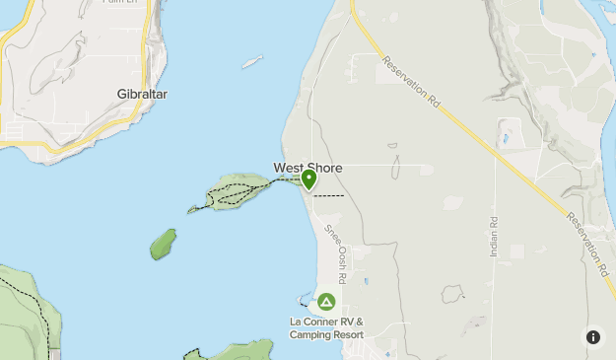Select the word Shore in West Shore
point(325,169)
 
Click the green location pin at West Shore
point(308,179)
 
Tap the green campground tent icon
point(326,301)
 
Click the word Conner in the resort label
point(323,322)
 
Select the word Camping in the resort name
point(309,334)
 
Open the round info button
point(593,336)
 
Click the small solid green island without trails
point(164,244)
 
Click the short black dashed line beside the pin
point(329,195)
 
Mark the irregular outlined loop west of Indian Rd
point(452,294)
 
